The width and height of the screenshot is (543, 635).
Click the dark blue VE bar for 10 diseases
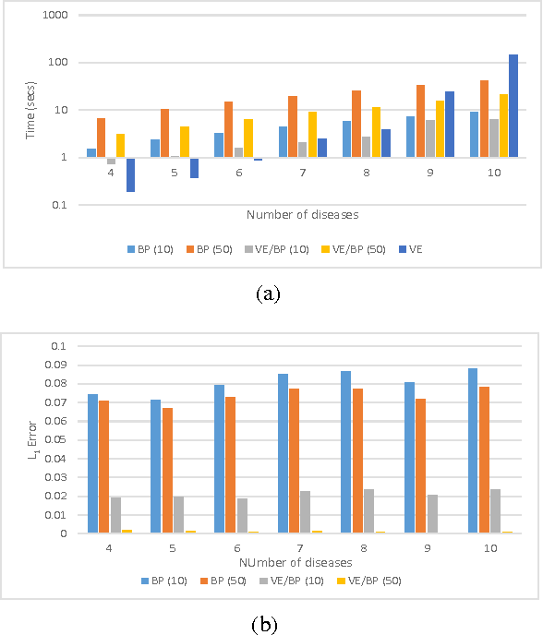coord(513,105)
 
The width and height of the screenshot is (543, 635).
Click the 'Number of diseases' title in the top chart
coord(302,215)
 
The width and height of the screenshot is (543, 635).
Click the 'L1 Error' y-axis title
coord(27,439)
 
